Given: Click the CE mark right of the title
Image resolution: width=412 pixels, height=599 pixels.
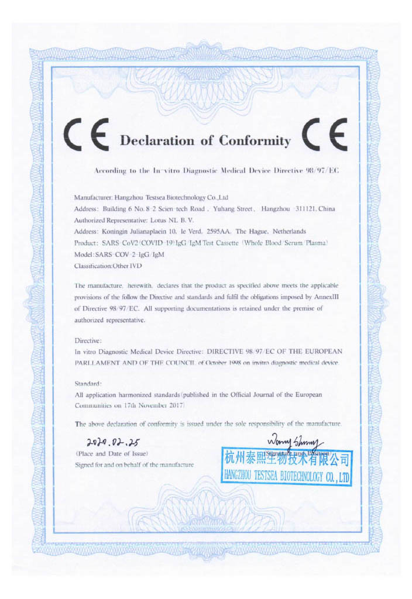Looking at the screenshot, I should click(324, 135).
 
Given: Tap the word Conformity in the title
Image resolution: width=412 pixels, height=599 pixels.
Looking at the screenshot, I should click(255, 141).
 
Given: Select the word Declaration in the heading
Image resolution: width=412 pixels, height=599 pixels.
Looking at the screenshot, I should click(156, 141).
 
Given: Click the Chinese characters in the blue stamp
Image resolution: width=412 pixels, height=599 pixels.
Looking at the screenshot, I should click(286, 459).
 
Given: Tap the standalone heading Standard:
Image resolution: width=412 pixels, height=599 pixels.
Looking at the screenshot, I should click(88, 384).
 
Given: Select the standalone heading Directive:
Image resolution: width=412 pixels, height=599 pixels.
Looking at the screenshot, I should click(88, 340).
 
